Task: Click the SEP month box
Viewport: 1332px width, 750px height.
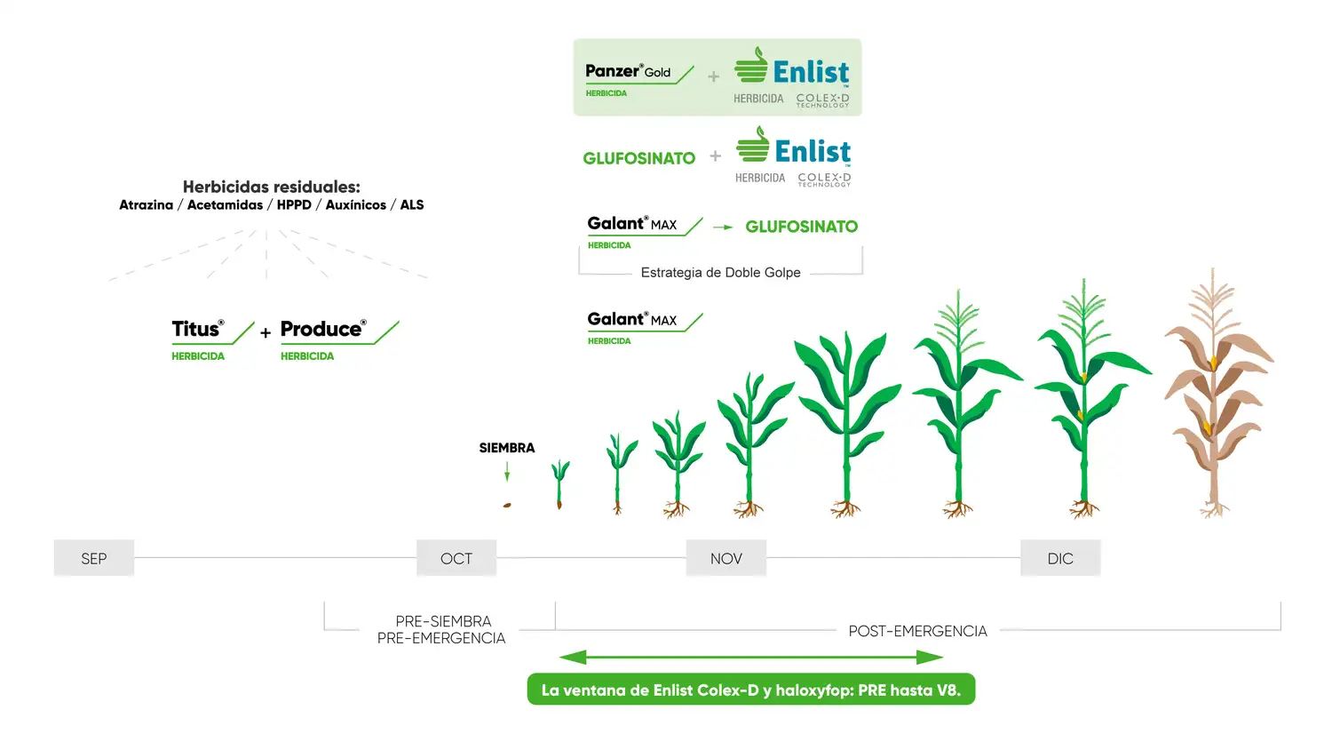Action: point(94,558)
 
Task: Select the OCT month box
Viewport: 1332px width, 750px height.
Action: point(456,558)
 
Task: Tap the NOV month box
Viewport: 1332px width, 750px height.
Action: point(726,558)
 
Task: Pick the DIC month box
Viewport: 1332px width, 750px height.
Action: point(1060,558)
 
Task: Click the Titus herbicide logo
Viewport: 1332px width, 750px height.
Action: point(213,339)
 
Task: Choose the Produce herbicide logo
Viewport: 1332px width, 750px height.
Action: point(339,339)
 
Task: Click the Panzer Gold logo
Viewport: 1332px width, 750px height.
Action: point(639,79)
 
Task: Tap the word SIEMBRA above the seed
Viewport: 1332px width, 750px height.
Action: point(507,448)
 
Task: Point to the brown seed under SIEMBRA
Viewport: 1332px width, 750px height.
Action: point(507,506)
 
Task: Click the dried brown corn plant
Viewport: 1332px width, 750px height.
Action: point(1216,393)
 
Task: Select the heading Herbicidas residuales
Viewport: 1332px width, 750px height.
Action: point(271,187)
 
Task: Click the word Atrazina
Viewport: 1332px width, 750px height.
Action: point(147,204)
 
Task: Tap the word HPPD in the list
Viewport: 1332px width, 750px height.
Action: point(294,204)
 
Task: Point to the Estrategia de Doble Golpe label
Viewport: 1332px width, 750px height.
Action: point(721,273)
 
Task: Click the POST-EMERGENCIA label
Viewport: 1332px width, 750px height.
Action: point(917,631)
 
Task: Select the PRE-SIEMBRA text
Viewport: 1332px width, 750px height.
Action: point(444,621)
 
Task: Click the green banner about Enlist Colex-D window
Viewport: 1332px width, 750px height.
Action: point(751,690)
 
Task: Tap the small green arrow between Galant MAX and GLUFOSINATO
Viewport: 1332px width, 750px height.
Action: point(723,227)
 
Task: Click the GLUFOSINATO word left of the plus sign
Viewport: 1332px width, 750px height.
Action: point(639,158)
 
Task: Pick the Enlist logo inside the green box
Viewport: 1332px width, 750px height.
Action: point(792,77)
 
